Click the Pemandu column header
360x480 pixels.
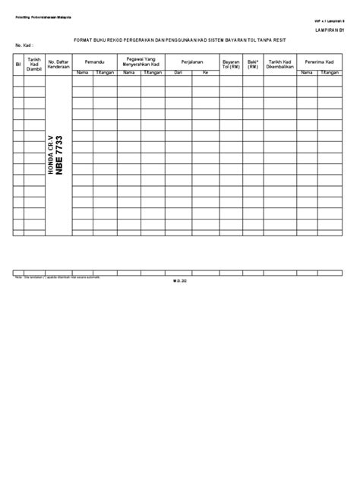[93, 60]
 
